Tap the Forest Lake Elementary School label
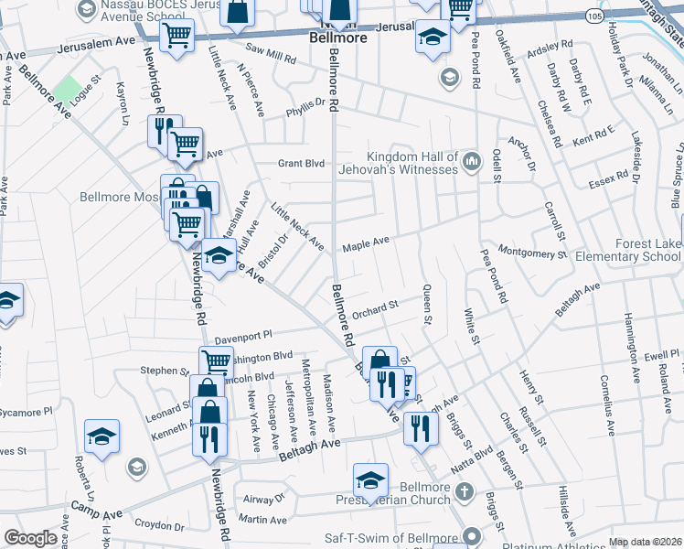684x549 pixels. [x=623, y=250]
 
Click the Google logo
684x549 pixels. [x=30, y=538]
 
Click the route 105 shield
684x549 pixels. [x=595, y=17]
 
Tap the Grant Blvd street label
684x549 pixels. [x=302, y=164]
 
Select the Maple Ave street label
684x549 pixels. [x=366, y=244]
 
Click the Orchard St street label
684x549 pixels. [x=378, y=307]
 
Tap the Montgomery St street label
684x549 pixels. [x=534, y=253]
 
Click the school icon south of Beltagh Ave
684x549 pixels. [x=370, y=479]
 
